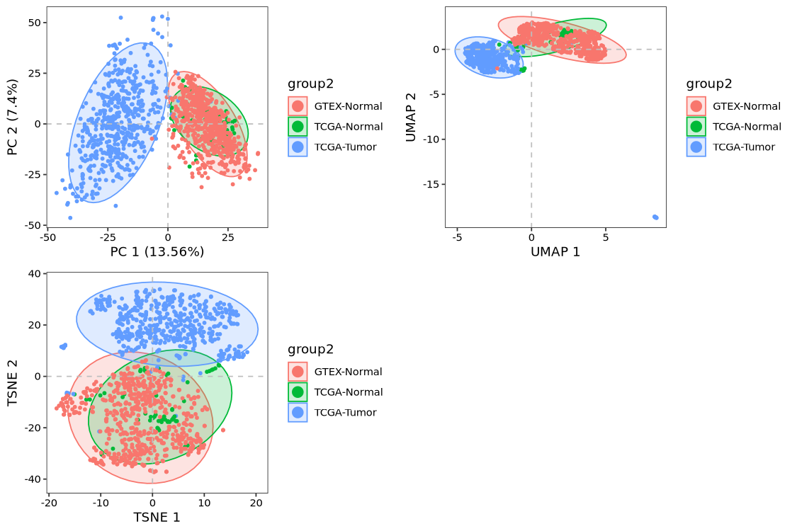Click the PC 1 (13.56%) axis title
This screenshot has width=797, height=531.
[157, 251]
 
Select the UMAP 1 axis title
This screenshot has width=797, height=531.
[555, 251]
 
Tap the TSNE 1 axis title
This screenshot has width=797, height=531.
[157, 517]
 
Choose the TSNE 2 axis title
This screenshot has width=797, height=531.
[12, 382]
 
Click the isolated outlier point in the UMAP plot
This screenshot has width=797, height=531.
[655, 217]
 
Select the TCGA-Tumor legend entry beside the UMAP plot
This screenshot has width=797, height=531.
[744, 147]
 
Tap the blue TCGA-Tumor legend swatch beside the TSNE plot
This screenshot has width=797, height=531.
[298, 413]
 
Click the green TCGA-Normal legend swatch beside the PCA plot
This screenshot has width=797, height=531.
[298, 127]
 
